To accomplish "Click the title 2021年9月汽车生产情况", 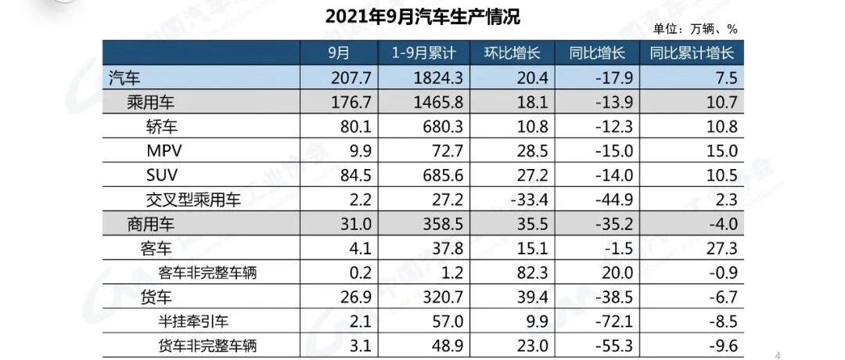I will point(422,16).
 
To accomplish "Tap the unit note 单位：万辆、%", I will point(696,29).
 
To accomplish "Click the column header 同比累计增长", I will point(692,53).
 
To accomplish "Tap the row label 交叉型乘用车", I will point(192,200).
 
